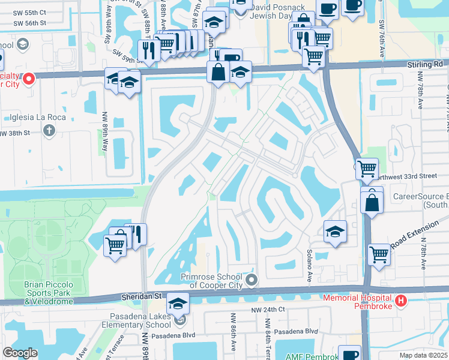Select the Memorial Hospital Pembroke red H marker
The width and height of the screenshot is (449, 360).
pos(400,301)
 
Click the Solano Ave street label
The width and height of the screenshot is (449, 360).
pos(310,259)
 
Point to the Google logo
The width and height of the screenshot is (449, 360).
pos(20,353)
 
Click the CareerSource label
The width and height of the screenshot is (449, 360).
pos(420,196)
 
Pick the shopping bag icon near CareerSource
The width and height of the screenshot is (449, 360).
pos(372,202)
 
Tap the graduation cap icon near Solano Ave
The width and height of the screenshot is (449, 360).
pos(335,232)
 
